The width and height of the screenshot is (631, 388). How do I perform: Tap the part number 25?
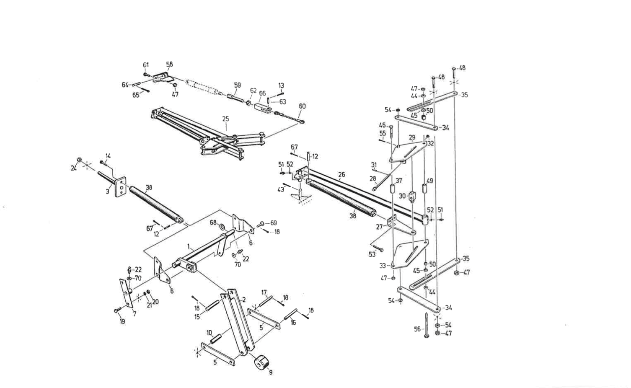click(225, 119)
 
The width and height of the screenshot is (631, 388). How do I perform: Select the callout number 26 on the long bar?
click(341, 174)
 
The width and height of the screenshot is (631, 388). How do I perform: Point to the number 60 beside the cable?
click(302, 106)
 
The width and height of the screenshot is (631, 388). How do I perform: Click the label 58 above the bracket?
click(169, 65)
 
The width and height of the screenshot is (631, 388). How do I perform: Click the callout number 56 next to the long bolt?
click(417, 329)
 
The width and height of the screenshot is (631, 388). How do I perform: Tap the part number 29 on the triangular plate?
click(412, 137)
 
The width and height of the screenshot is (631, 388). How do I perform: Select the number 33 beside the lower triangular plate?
click(382, 266)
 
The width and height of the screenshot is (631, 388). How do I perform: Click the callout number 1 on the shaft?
click(189, 247)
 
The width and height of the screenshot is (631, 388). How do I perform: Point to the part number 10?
click(209, 332)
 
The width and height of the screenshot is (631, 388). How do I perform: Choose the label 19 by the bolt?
click(122, 322)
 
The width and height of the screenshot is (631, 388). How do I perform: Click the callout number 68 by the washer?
click(213, 222)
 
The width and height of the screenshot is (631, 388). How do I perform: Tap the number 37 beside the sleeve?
click(399, 181)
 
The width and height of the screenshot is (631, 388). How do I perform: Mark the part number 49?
click(429, 181)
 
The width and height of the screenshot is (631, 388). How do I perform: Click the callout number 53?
click(372, 254)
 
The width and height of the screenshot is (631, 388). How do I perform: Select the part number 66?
click(262, 93)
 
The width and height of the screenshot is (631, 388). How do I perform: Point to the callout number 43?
click(281, 189)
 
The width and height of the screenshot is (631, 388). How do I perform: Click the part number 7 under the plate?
click(134, 313)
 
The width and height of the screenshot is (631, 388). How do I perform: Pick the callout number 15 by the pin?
click(197, 317)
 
